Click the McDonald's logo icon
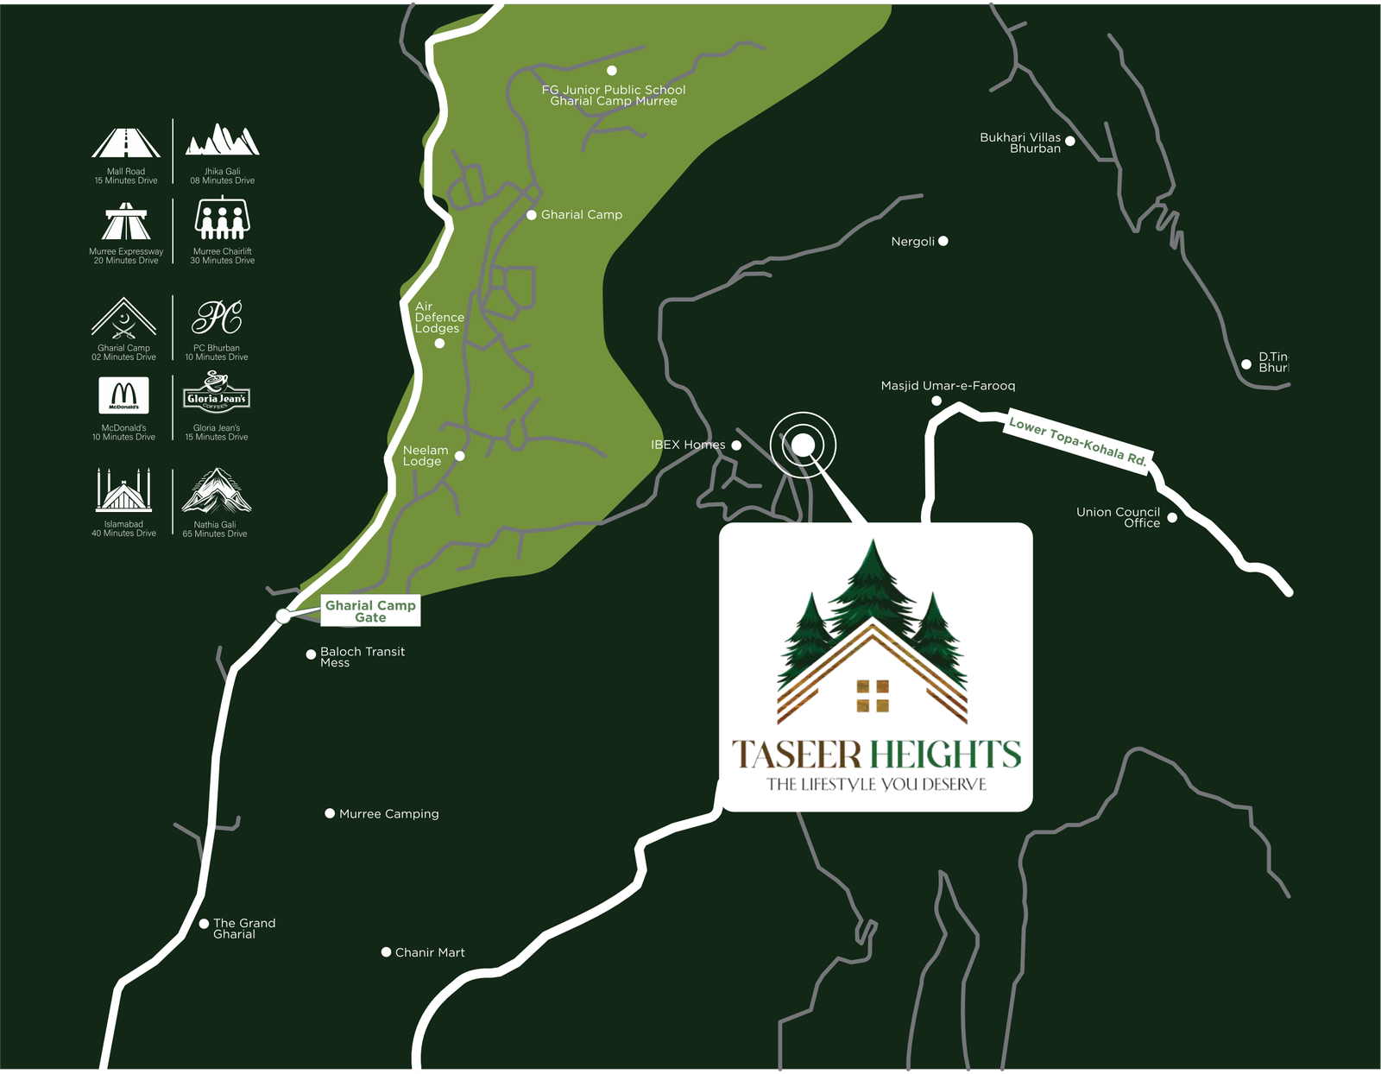click(123, 395)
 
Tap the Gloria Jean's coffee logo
click(217, 393)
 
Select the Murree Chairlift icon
click(223, 219)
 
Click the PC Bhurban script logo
click(217, 318)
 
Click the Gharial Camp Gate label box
click(370, 611)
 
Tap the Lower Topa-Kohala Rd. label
click(1078, 442)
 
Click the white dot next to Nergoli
click(943, 241)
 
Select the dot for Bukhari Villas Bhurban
click(1069, 141)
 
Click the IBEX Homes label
click(688, 445)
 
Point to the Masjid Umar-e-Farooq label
click(948, 386)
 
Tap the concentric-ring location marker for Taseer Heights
click(803, 445)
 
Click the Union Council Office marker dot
click(1172, 518)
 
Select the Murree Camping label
click(388, 814)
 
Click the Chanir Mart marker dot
click(386, 952)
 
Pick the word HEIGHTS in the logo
click(945, 755)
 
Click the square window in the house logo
click(873, 697)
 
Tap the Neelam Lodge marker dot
click(460, 456)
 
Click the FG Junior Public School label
click(614, 95)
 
